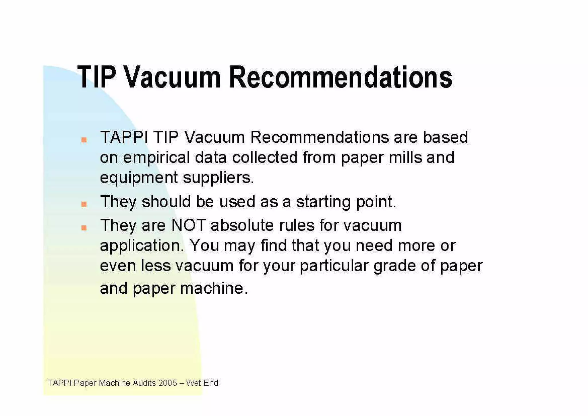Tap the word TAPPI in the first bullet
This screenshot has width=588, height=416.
[x=124, y=137]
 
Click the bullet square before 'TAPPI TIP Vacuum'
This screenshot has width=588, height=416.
[x=84, y=140]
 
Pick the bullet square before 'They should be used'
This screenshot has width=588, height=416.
[x=84, y=204]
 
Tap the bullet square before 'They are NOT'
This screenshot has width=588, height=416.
[x=84, y=228]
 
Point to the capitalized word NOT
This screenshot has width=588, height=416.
[x=189, y=225]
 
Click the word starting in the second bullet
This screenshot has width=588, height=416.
[x=323, y=202]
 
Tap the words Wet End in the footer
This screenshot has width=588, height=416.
[x=202, y=383]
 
